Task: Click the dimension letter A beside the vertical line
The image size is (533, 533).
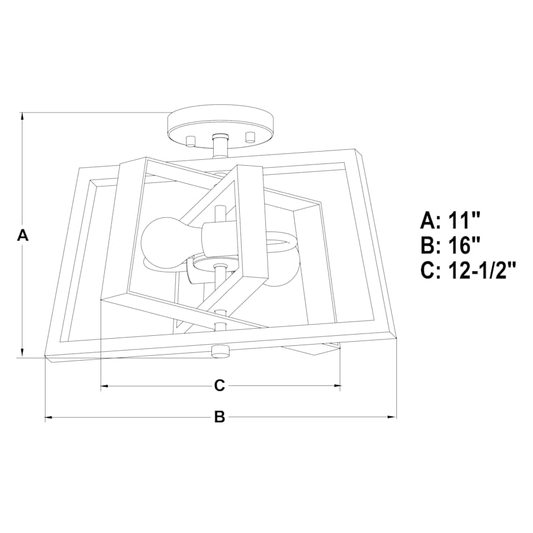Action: click(23, 235)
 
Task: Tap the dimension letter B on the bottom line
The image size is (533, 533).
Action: click(220, 417)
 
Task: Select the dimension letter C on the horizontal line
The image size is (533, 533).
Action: click(220, 386)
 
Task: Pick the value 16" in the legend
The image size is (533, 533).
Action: click(464, 245)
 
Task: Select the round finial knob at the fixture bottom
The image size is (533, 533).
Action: click(220, 351)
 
